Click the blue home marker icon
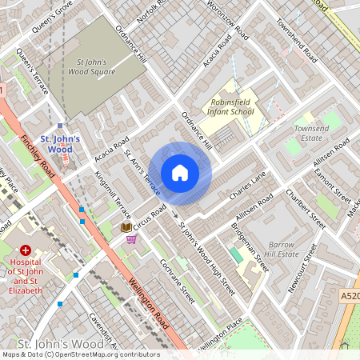coord(180,173)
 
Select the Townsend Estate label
coord(311,133)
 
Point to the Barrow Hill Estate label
coord(282,249)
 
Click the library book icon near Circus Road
coord(126,228)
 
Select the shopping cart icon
coord(131,240)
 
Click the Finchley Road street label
coord(38,155)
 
